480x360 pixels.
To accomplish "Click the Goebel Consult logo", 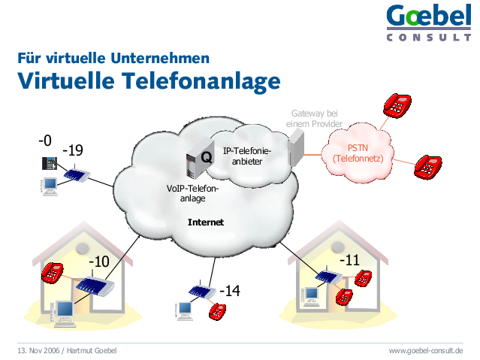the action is pos(429,23).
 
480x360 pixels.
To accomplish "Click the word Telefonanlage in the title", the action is pos(201,81).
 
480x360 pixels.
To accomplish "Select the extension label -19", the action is pos(73,150).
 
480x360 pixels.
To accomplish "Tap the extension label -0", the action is pos(45,141).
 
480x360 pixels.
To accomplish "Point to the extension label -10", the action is pos(99,262).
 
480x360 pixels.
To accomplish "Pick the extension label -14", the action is pos(230,290).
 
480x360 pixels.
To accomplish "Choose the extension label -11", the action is pos(349,260).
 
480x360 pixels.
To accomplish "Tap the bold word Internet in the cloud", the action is pos(206,222).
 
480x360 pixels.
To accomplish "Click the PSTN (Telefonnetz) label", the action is pos(358,153).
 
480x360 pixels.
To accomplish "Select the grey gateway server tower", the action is pos(296,147).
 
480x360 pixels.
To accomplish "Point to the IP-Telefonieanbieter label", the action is pos(247,156).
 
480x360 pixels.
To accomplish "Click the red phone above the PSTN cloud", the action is pos(397,106).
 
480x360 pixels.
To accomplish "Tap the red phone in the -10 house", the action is pos(53,272).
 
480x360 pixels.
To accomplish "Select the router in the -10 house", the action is pos(95,285).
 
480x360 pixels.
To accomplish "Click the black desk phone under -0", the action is pos(50,163).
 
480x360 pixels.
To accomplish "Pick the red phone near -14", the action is pos(217,312).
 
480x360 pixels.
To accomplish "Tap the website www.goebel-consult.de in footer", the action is pos(426,350).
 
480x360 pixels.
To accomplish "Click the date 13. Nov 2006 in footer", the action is pos(38,350).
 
